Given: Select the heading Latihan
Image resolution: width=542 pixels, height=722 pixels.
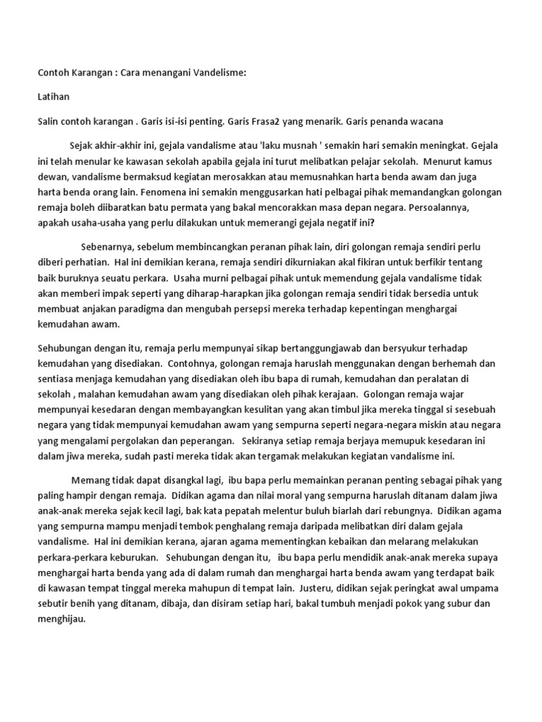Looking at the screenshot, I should pyautogui.click(x=54, y=97).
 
